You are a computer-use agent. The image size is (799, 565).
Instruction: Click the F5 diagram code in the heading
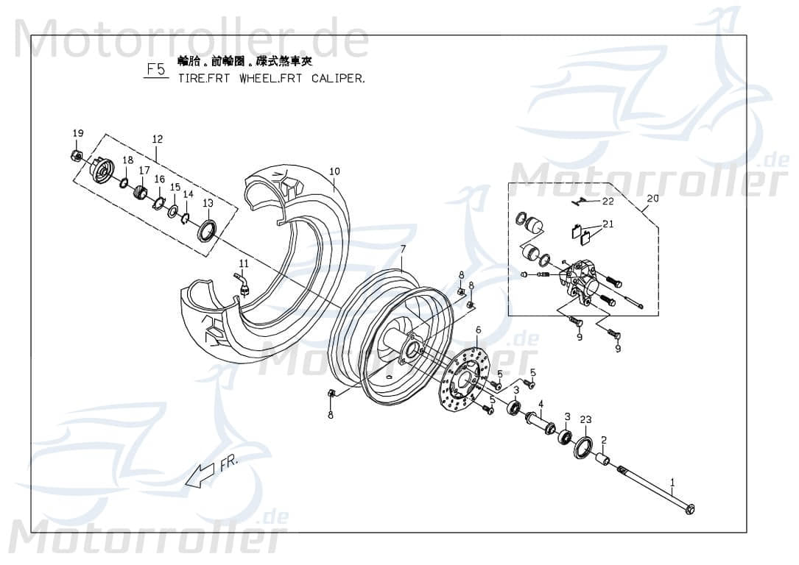coord(155,71)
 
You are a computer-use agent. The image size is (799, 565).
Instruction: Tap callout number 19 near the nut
coord(78,133)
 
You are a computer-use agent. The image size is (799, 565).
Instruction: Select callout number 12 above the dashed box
coord(157,139)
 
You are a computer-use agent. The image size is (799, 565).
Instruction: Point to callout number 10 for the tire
coord(334,171)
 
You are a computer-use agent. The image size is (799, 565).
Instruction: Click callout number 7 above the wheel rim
coord(403,249)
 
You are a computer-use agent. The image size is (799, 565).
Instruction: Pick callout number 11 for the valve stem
coord(244,263)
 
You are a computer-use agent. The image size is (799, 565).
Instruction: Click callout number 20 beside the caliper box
coord(652,199)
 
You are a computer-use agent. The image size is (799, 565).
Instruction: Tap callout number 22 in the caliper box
coord(608,201)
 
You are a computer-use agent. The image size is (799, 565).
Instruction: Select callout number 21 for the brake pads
coord(608,224)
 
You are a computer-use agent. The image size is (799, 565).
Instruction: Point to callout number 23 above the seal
coord(585,420)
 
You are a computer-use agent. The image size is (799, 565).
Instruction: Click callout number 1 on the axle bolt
coord(672,483)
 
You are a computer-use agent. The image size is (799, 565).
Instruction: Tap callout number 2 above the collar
coord(603,441)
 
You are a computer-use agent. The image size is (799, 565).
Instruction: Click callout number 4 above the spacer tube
coord(540,404)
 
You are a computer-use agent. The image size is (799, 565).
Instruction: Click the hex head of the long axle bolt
coord(689,509)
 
